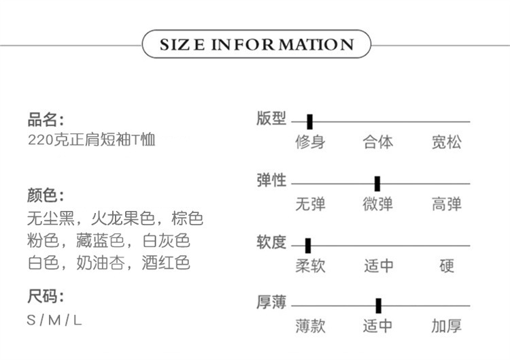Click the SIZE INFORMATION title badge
coord(256,45)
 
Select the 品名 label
coord(46,121)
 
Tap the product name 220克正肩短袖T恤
coord(92,141)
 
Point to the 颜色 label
coord(46,196)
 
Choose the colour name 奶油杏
coord(105,263)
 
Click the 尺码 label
coord(46,297)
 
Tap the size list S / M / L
coord(54,320)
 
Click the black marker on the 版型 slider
coord(309,122)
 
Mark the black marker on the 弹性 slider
coord(377,184)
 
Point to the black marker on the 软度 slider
coord(308,246)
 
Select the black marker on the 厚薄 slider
coord(378,306)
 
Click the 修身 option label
coord(310,142)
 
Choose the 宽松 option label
coord(446,142)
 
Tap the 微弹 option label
coord(378,203)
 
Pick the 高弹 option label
coord(446,203)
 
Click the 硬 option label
coord(446,265)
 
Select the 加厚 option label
coord(446,326)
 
